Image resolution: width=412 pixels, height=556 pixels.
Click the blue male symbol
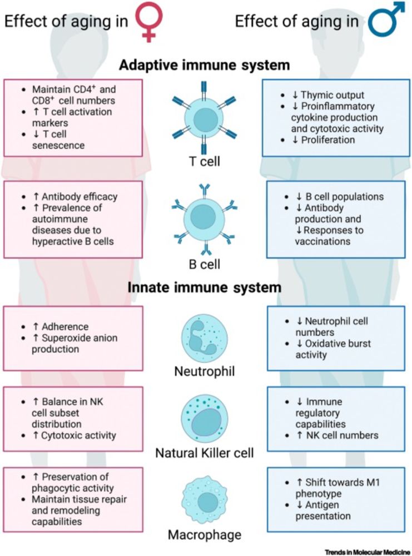pyautogui.click(x=388, y=21)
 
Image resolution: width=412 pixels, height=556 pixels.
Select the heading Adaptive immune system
pyautogui.click(x=205, y=65)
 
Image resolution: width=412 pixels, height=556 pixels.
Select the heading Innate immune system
pyautogui.click(x=205, y=289)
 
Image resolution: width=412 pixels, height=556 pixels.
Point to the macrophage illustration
pyautogui.click(x=203, y=504)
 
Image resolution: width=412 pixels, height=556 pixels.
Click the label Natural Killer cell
pyautogui.click(x=205, y=453)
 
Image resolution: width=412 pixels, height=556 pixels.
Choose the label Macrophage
pyautogui.click(x=204, y=535)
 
